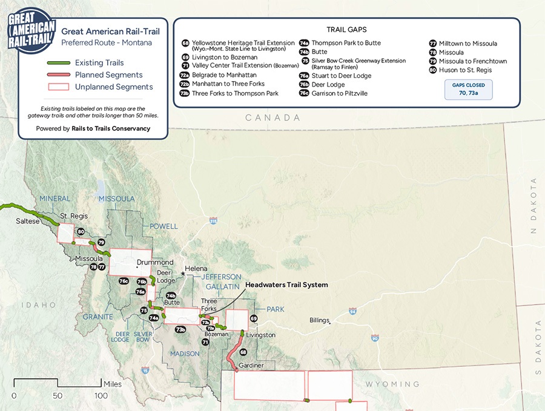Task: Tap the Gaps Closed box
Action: tap(468, 89)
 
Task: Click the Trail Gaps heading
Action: tap(346, 29)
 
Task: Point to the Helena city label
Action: tap(196, 269)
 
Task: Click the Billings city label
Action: tap(319, 320)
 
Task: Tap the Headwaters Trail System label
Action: tap(286, 284)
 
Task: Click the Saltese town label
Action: tap(28, 222)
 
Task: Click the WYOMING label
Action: tap(392, 384)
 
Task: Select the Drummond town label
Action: tap(151, 263)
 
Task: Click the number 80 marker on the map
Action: tap(81, 232)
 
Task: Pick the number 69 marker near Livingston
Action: tap(254, 318)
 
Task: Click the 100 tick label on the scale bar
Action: tap(100, 396)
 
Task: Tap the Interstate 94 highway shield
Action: tap(352, 312)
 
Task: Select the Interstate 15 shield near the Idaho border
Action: tap(145, 370)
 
